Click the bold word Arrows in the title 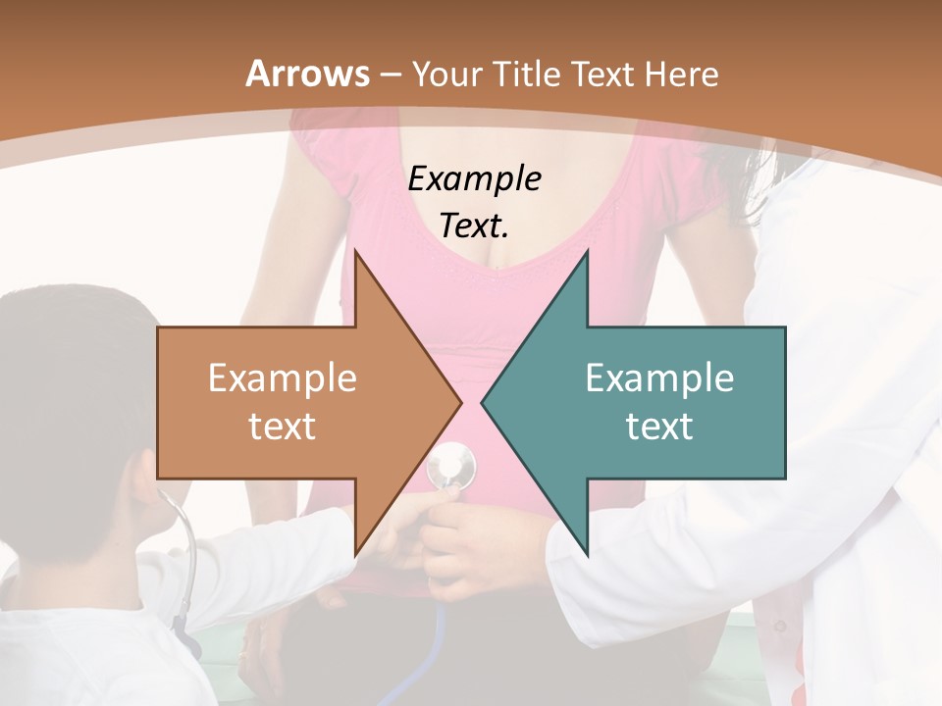click(307, 74)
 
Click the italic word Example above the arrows click(474, 178)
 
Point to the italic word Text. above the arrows click(474, 227)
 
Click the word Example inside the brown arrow click(283, 378)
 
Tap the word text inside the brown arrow click(283, 427)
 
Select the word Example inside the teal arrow click(659, 378)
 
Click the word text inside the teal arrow click(659, 427)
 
